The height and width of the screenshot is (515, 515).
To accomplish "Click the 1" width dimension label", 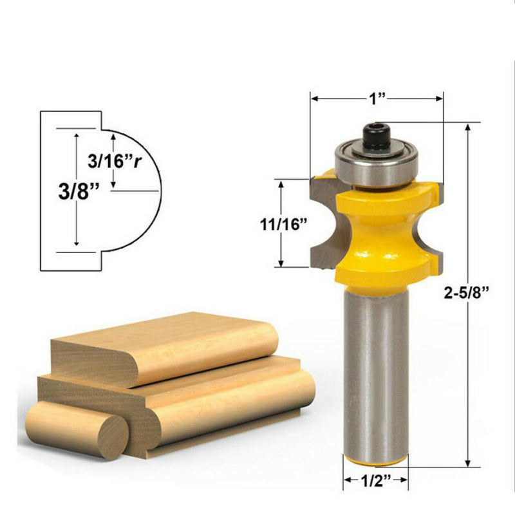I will tap(377, 98).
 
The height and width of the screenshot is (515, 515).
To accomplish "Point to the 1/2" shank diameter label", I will tap(376, 480).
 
